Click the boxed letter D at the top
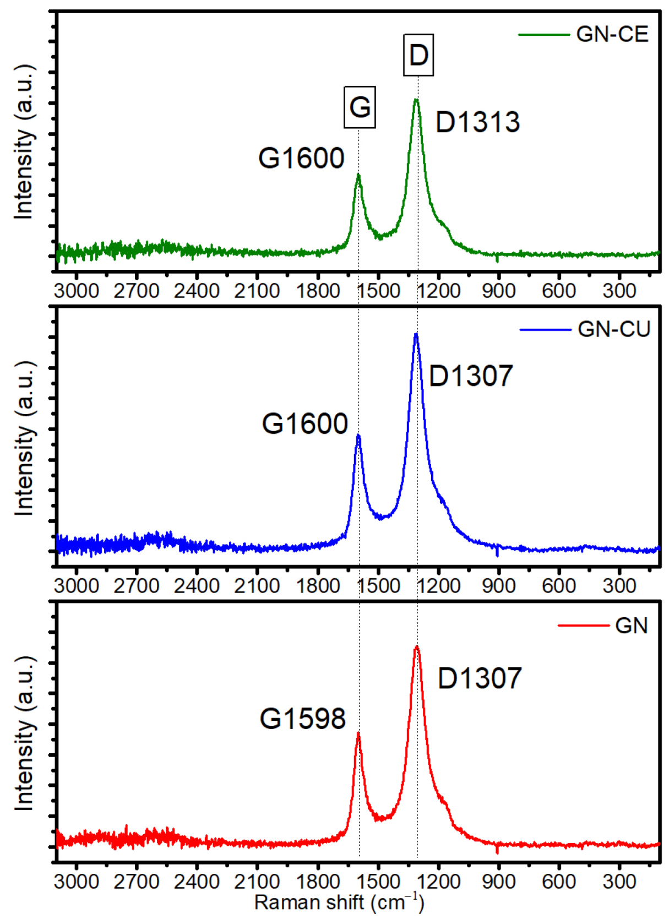418,55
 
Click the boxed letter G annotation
360,107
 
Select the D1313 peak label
477,122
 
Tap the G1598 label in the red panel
302,719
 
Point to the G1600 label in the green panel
301,158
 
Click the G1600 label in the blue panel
304,424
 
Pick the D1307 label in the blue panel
471,376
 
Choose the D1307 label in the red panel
479,678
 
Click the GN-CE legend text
612,34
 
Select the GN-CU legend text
613,329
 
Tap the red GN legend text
631,626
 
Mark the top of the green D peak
416,100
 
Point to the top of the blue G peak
358,436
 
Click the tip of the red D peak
417,646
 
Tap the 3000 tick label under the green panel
77,290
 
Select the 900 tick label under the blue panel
498,585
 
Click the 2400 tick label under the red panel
197,881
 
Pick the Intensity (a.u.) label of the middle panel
24,439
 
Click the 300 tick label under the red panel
619,881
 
